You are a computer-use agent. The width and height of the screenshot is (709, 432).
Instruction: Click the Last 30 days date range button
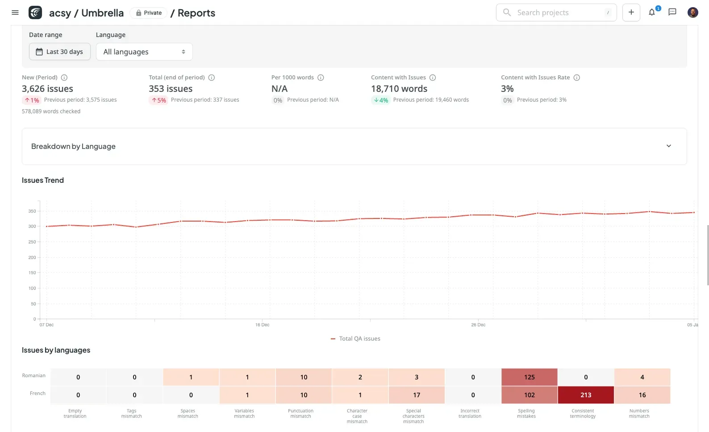click(x=60, y=52)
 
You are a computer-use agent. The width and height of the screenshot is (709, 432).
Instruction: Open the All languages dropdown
click(x=144, y=52)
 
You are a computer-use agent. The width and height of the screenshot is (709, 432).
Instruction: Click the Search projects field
click(x=556, y=12)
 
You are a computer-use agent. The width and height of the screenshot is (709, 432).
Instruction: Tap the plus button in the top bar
click(x=631, y=12)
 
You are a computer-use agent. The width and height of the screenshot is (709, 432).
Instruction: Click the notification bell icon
click(x=652, y=12)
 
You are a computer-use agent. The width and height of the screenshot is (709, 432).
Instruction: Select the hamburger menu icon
click(x=15, y=12)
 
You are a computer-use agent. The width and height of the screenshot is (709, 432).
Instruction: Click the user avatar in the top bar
click(x=692, y=12)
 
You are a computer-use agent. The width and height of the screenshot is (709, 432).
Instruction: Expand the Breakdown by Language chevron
click(x=668, y=146)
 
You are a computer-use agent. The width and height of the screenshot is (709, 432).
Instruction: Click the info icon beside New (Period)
click(x=64, y=78)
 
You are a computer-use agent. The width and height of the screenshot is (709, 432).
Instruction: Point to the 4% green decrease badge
click(x=381, y=100)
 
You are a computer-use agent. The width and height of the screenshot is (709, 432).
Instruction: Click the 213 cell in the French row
click(x=586, y=395)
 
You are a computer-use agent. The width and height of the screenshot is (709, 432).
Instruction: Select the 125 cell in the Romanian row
click(x=529, y=377)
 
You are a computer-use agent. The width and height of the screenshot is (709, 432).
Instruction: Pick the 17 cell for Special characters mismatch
click(x=417, y=395)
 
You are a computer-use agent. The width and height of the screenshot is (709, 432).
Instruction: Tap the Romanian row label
click(x=34, y=376)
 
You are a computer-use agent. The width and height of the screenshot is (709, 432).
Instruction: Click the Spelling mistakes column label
click(x=526, y=414)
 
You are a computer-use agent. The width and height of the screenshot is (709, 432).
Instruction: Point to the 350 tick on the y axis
click(x=32, y=211)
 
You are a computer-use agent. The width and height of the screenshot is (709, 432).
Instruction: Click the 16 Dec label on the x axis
click(x=262, y=325)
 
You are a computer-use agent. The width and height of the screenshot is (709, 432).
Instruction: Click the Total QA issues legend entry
click(x=356, y=339)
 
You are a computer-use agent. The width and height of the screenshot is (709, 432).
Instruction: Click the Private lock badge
click(x=149, y=13)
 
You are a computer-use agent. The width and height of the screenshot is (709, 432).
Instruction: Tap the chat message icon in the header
click(x=672, y=12)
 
